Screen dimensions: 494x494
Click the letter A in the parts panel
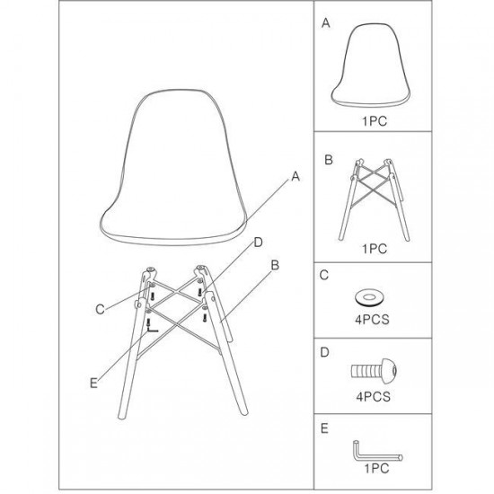pyautogui.click(x=326, y=22)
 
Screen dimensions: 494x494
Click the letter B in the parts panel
pyautogui.click(x=328, y=160)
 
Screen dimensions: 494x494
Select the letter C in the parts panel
pyautogui.click(x=324, y=275)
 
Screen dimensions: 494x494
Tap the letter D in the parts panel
pyautogui.click(x=324, y=352)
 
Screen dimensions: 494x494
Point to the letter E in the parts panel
pyautogui.click(x=324, y=428)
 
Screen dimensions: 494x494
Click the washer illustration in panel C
pyautogui.click(x=368, y=297)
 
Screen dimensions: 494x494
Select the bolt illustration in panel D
pyautogui.click(x=374, y=371)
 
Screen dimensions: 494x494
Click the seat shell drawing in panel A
pyautogui.click(x=370, y=66)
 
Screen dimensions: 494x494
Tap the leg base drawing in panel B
pyautogui.click(x=374, y=199)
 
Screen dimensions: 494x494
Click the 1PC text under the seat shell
pyautogui.click(x=375, y=121)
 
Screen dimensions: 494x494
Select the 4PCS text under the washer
pyautogui.click(x=373, y=320)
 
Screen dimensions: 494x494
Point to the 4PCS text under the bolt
pyautogui.click(x=374, y=397)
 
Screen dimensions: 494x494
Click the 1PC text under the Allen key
pyautogui.click(x=377, y=469)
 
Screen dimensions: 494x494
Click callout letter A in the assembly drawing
pyautogui.click(x=296, y=176)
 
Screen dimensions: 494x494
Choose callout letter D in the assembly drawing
pyautogui.click(x=258, y=243)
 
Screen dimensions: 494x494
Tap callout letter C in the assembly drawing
pyautogui.click(x=100, y=309)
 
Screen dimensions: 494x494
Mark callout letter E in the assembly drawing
pyautogui.click(x=93, y=384)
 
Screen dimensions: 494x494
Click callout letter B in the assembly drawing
pyautogui.click(x=275, y=265)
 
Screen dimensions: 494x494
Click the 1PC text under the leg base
pyautogui.click(x=375, y=249)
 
